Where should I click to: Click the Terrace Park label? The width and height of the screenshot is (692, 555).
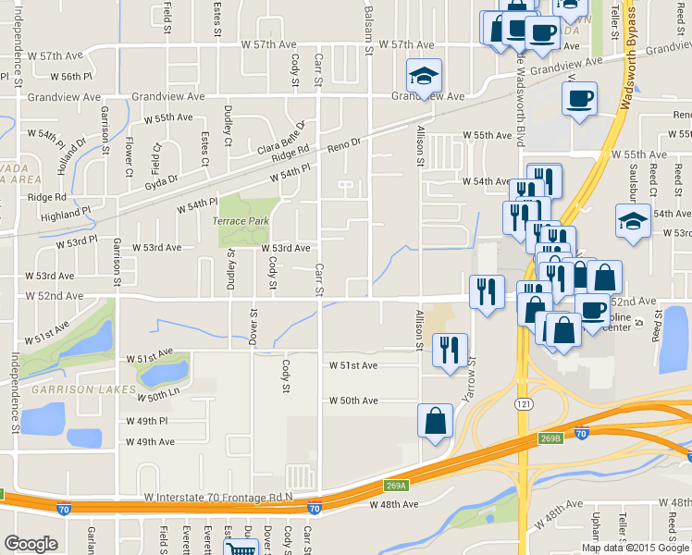click(241, 222)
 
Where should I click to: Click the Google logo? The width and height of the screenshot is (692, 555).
click(31, 544)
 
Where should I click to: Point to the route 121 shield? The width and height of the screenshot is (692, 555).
click(525, 404)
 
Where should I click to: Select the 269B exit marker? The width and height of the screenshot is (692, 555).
click(550, 438)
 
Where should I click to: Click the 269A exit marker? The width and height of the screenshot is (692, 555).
click(397, 484)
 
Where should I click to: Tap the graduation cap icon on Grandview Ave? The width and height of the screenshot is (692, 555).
click(425, 75)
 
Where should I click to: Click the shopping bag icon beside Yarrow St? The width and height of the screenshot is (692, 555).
click(436, 421)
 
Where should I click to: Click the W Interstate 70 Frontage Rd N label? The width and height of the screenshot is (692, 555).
click(218, 498)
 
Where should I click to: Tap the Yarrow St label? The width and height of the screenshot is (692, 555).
click(471, 379)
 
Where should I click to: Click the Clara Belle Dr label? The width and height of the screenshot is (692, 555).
click(282, 138)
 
